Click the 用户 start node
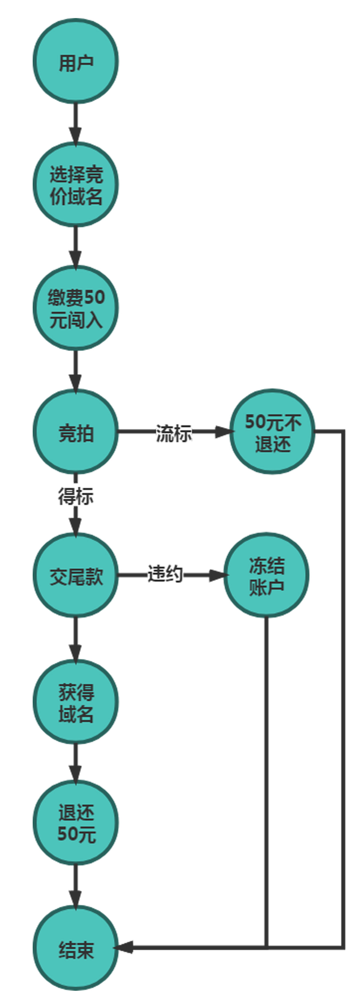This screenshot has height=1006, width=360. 76,61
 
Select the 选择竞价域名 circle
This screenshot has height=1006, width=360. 76,185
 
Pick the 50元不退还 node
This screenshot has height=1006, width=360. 273,432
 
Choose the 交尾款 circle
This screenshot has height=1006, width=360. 76,575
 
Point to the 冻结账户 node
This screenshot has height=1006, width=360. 266,575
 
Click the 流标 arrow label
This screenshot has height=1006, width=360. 174,433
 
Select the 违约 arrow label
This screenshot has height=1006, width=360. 165,574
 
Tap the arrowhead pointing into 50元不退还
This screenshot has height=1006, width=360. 223,432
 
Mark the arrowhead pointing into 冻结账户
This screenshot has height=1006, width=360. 217,575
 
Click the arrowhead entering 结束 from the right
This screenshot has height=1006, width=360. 124,947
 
